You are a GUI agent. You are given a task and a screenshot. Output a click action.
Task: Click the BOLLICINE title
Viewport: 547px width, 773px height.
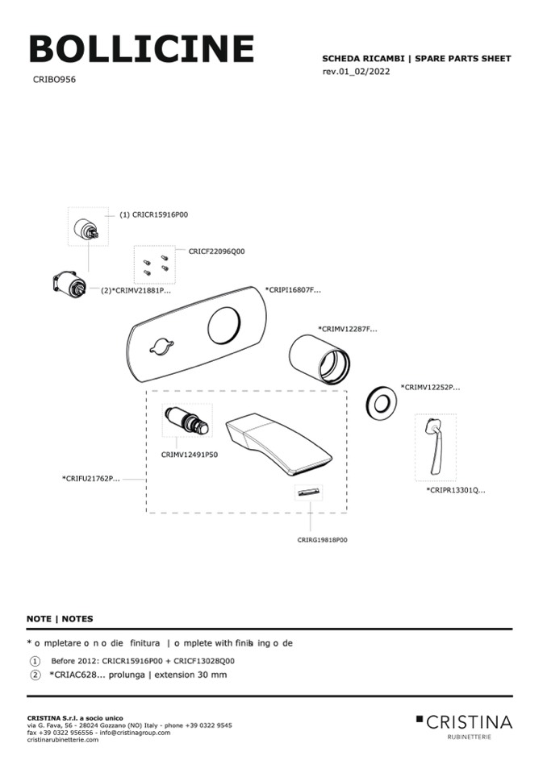(141, 50)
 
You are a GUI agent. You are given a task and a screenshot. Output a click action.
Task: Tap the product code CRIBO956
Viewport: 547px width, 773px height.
(55, 80)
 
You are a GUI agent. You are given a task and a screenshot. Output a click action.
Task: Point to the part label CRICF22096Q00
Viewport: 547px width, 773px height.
(216, 251)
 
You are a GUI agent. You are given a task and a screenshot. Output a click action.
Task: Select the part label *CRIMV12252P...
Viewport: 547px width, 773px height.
(430, 387)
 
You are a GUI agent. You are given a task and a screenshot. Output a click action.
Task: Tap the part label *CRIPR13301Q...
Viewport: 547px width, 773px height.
(456, 489)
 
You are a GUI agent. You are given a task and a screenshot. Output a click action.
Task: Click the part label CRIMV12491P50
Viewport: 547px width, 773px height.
(190, 455)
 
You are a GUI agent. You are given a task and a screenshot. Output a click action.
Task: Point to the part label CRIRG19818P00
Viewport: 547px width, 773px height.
(322, 540)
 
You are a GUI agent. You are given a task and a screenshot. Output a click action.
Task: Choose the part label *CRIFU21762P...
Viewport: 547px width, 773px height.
(90, 479)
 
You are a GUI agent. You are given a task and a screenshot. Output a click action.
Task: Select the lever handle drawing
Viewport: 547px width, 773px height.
(433, 447)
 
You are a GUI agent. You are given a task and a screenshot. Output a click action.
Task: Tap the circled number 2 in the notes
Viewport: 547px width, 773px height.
(35, 674)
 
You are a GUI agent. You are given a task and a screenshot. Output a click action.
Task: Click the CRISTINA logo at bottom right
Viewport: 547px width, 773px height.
(465, 722)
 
